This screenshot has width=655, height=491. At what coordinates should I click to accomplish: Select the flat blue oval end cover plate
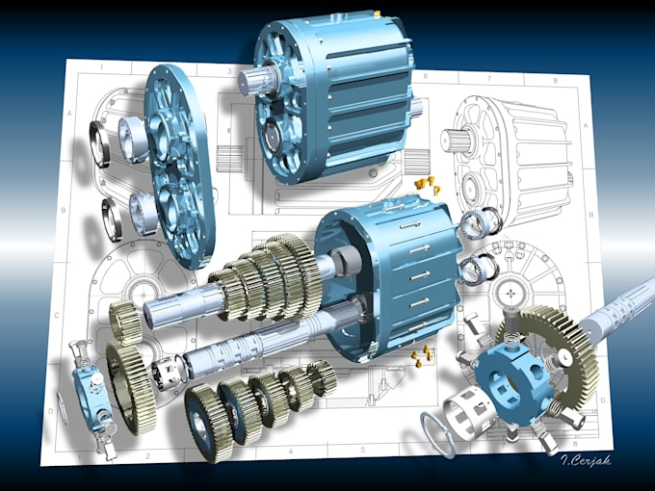[179, 164]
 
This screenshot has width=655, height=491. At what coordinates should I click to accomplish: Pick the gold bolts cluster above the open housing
[425, 182]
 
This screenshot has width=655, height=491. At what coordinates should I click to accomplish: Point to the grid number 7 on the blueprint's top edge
[488, 79]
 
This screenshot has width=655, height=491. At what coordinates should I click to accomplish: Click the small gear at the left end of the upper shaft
[125, 319]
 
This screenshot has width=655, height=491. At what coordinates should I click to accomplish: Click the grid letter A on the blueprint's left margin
[69, 113]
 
